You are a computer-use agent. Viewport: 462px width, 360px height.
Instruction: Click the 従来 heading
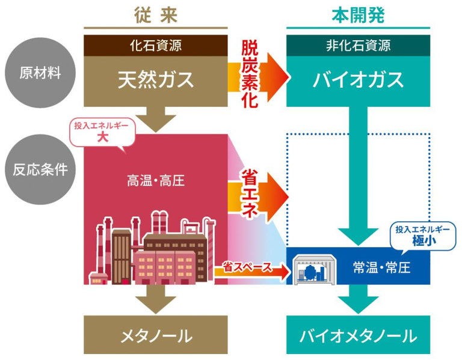tap(156, 15)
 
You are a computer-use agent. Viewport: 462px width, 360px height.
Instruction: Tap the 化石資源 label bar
tap(156, 44)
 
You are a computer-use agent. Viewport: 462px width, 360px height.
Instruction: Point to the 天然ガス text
tap(156, 79)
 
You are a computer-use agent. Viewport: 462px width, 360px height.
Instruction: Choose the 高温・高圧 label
tap(155, 180)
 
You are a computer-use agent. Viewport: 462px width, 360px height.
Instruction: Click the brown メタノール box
tap(156, 335)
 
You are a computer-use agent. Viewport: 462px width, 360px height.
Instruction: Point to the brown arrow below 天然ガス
tap(156, 120)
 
